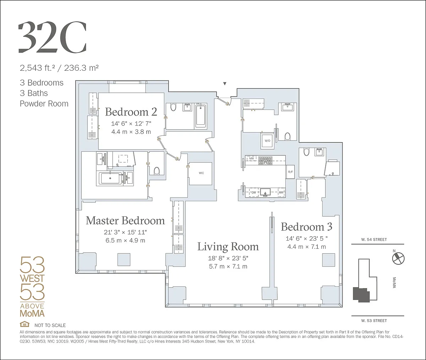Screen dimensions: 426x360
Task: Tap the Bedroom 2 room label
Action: click(x=131, y=112)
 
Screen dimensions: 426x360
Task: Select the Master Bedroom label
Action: click(x=125, y=220)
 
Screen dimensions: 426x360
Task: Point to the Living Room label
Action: click(x=228, y=247)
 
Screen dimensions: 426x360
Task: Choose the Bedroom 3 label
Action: click(x=306, y=227)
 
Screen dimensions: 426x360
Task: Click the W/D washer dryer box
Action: click(x=267, y=141)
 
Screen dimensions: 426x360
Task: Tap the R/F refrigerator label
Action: click(x=290, y=172)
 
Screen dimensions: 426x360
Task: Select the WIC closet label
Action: click(x=201, y=173)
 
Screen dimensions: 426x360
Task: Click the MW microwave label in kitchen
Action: click(x=252, y=158)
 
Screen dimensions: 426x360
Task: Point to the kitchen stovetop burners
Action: click(x=266, y=160)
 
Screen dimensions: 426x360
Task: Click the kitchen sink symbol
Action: click(x=265, y=193)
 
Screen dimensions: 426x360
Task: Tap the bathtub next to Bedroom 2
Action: click(x=201, y=115)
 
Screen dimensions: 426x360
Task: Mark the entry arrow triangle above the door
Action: click(x=225, y=84)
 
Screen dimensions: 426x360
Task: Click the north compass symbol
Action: click(x=398, y=258)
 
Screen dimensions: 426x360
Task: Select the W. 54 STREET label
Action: click(x=374, y=240)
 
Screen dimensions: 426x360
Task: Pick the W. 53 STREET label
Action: click(x=374, y=321)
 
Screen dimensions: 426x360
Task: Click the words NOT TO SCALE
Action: click(x=50, y=325)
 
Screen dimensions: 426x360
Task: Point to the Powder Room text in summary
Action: click(x=44, y=104)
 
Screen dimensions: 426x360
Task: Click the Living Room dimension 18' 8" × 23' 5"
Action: click(x=228, y=258)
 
